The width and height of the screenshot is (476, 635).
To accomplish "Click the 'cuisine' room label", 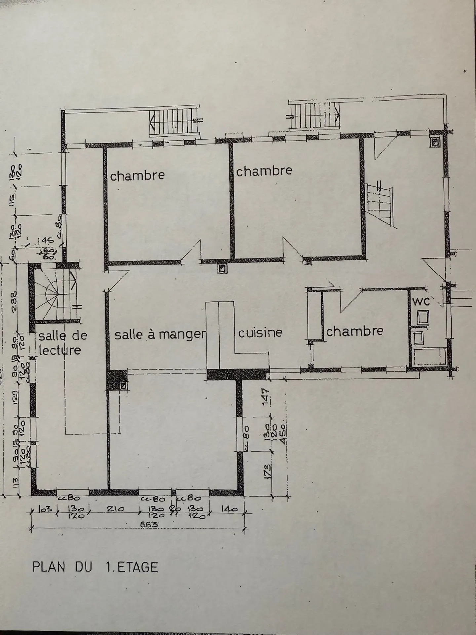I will (x=260, y=333).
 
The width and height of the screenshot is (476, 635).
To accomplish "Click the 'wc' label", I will (x=420, y=301).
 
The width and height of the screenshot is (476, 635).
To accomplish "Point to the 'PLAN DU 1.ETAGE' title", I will (x=95, y=567).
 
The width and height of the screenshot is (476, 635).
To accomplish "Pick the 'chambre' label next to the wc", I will (x=355, y=331).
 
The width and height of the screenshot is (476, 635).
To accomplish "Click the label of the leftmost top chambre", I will (x=137, y=175).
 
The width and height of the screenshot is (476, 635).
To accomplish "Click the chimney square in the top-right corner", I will (x=435, y=142).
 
